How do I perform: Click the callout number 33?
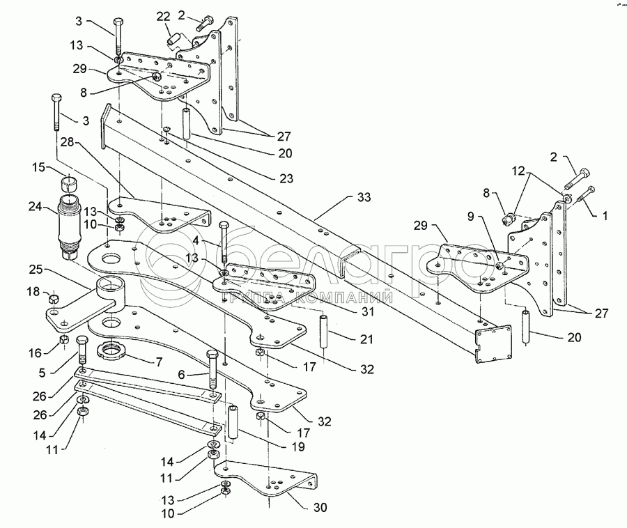(x=364, y=197)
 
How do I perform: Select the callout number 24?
(x=36, y=207)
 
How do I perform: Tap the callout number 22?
(x=163, y=17)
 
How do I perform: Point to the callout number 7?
(x=159, y=362)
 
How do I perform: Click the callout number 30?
(x=320, y=508)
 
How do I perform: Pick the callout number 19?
(x=298, y=446)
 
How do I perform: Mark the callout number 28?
(x=68, y=142)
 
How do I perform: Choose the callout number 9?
(x=471, y=216)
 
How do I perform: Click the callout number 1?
(x=605, y=216)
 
